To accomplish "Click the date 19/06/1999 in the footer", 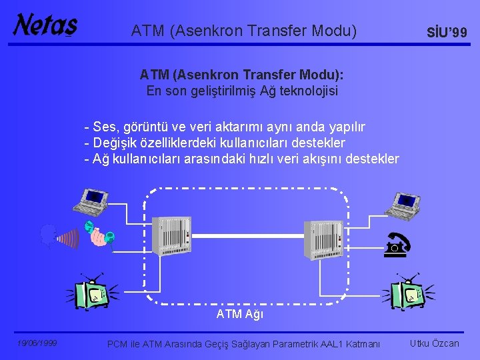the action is pyautogui.click(x=37, y=343).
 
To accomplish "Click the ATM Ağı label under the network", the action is pyautogui.click(x=240, y=314).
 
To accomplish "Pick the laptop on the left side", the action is pyautogui.click(x=93, y=201).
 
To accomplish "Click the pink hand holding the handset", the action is pyautogui.click(x=100, y=236).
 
